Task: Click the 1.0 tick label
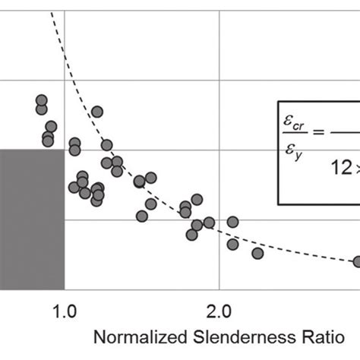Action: (x=65, y=311)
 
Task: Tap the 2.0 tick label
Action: (x=219, y=311)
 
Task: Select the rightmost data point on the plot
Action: (x=358, y=261)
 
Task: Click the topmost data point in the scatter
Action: (x=41, y=100)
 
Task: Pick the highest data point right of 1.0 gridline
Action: (x=97, y=112)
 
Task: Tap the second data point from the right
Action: (x=257, y=253)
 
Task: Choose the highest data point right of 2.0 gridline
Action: (x=232, y=222)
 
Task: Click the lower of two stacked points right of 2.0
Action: (x=232, y=244)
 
